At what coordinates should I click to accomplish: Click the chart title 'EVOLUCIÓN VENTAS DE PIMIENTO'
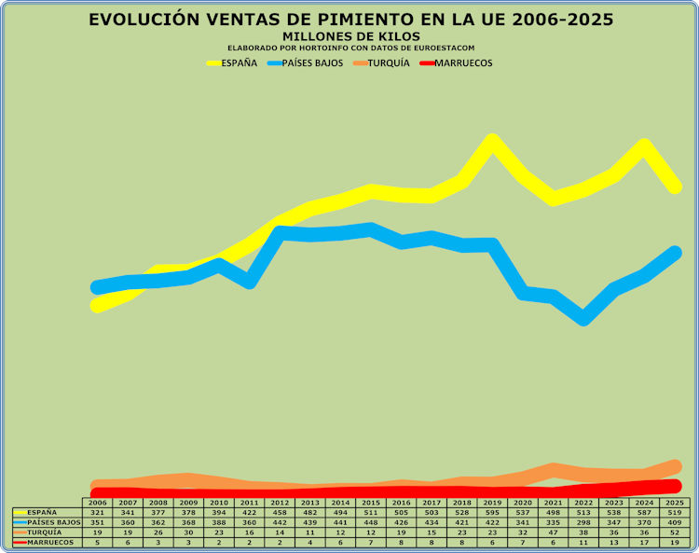tap(349, 20)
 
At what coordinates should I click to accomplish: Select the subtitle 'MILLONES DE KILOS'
tap(349, 36)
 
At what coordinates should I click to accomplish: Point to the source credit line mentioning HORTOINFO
tap(349, 48)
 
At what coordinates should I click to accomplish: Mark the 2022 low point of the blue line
tap(583, 317)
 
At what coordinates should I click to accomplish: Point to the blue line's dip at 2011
tap(250, 281)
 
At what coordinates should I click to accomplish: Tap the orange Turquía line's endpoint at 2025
tap(675, 465)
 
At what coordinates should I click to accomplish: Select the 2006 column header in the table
tap(98, 503)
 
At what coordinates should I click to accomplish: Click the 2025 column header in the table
tap(675, 503)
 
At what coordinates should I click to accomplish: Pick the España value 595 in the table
tap(492, 513)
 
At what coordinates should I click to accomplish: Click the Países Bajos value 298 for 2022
tap(583, 522)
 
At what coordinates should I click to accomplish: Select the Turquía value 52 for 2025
tap(675, 532)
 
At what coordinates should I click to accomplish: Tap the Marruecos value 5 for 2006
tap(98, 542)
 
